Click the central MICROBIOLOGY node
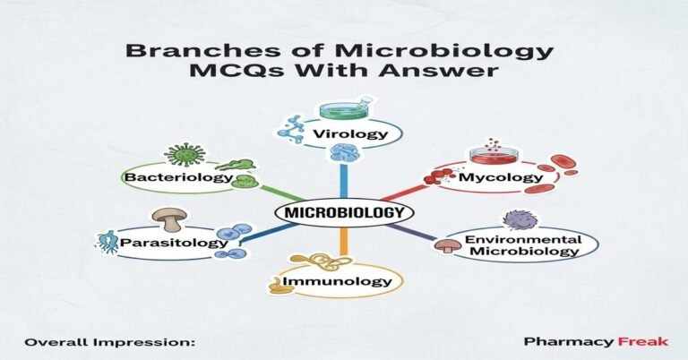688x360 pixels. click(344, 213)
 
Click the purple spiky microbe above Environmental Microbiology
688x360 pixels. click(518, 219)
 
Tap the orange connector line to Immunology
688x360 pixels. click(344, 242)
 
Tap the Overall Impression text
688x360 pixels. click(108, 342)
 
